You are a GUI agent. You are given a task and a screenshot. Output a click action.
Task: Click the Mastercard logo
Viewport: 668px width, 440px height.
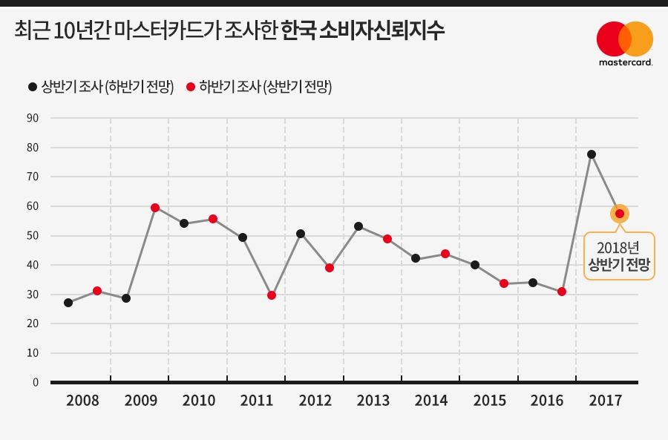(x=625, y=43)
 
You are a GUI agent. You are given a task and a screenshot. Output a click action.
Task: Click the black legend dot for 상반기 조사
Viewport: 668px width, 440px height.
(x=33, y=87)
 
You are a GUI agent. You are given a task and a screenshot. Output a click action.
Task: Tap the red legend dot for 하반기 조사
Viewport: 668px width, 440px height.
(x=191, y=87)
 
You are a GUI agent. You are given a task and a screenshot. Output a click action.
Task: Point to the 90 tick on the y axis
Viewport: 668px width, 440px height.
(x=33, y=118)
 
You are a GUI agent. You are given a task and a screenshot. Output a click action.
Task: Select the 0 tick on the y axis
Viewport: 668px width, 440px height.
(x=35, y=382)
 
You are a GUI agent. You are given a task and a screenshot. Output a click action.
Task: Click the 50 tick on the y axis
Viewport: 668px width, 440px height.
(x=33, y=236)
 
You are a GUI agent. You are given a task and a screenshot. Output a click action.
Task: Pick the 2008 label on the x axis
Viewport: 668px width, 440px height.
(x=82, y=401)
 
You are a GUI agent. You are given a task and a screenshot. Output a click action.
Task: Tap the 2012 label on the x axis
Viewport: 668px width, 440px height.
(x=315, y=401)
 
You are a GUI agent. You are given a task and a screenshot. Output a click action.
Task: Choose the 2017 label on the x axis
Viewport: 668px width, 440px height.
(x=605, y=401)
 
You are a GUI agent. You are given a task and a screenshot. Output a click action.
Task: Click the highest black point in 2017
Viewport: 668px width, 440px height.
(x=592, y=154)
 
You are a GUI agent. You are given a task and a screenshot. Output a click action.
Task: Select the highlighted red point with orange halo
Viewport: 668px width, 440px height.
(x=620, y=214)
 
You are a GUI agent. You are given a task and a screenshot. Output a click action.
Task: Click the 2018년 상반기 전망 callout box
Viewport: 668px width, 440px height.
(x=620, y=256)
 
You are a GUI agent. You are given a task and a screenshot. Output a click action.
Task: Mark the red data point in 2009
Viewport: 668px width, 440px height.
(x=155, y=208)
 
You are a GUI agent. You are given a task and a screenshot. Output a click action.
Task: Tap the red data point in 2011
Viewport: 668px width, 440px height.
(x=272, y=295)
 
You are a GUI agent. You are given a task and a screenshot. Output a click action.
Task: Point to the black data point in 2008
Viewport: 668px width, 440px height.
(x=68, y=303)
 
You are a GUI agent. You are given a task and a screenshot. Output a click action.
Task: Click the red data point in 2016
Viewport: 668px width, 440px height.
(x=562, y=292)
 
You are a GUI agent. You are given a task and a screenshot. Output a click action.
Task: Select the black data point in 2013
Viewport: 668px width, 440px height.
(x=358, y=226)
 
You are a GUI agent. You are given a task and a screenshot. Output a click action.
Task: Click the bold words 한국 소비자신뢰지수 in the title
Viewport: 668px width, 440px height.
(x=364, y=32)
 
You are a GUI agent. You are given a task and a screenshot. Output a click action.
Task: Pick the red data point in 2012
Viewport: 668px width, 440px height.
(x=330, y=268)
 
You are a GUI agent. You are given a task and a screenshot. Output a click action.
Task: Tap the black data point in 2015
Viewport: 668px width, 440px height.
(x=475, y=265)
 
